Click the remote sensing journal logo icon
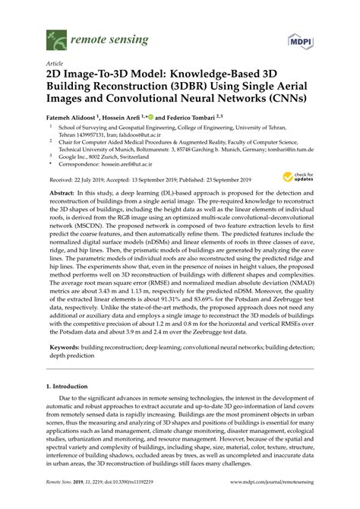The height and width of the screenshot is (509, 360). point(54,36)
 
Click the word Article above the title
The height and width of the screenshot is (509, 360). point(55,65)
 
